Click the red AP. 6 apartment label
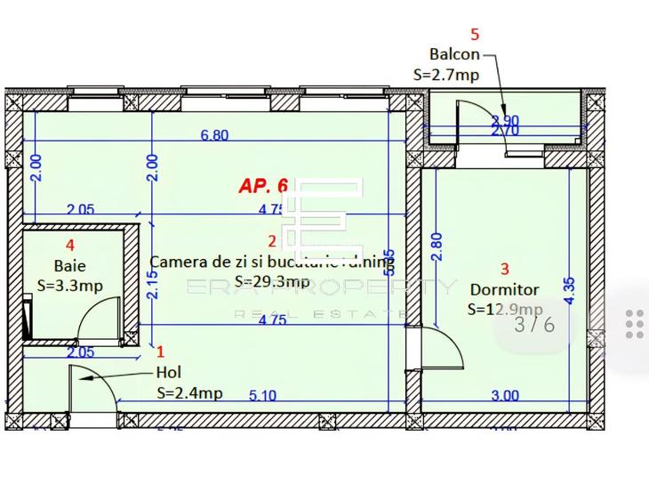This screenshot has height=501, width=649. (x=263, y=186)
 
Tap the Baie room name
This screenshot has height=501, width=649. (x=70, y=265)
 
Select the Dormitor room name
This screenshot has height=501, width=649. (x=504, y=290)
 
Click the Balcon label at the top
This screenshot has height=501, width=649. (x=454, y=55)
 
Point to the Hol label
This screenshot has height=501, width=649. (x=168, y=373)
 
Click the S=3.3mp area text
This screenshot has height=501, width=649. (x=70, y=286)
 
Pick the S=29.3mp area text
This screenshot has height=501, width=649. (x=272, y=282)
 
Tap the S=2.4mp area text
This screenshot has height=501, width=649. (x=189, y=392)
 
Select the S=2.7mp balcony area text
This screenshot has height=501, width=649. (x=446, y=75)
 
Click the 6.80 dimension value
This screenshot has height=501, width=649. (x=214, y=136)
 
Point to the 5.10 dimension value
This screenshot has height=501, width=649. (x=263, y=396)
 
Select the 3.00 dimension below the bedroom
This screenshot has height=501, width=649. (x=504, y=396)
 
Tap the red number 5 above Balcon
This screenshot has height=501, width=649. (x=475, y=35)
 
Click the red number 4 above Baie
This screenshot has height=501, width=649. (x=70, y=244)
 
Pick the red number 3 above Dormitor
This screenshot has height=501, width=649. (x=505, y=268)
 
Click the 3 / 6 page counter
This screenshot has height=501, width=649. (x=535, y=324)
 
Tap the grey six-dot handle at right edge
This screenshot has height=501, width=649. (x=634, y=324)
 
